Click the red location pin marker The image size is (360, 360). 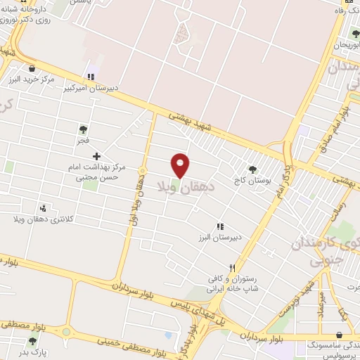pos(181,165)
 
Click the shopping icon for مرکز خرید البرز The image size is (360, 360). pos(32,68)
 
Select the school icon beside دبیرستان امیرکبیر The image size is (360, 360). pos(90,77)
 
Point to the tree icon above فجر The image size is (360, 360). pos(83,129)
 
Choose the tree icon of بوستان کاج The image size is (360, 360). pos(252,169)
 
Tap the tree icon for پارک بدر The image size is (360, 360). pos(32,341)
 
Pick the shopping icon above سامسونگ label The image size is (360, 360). pos(340,335)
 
